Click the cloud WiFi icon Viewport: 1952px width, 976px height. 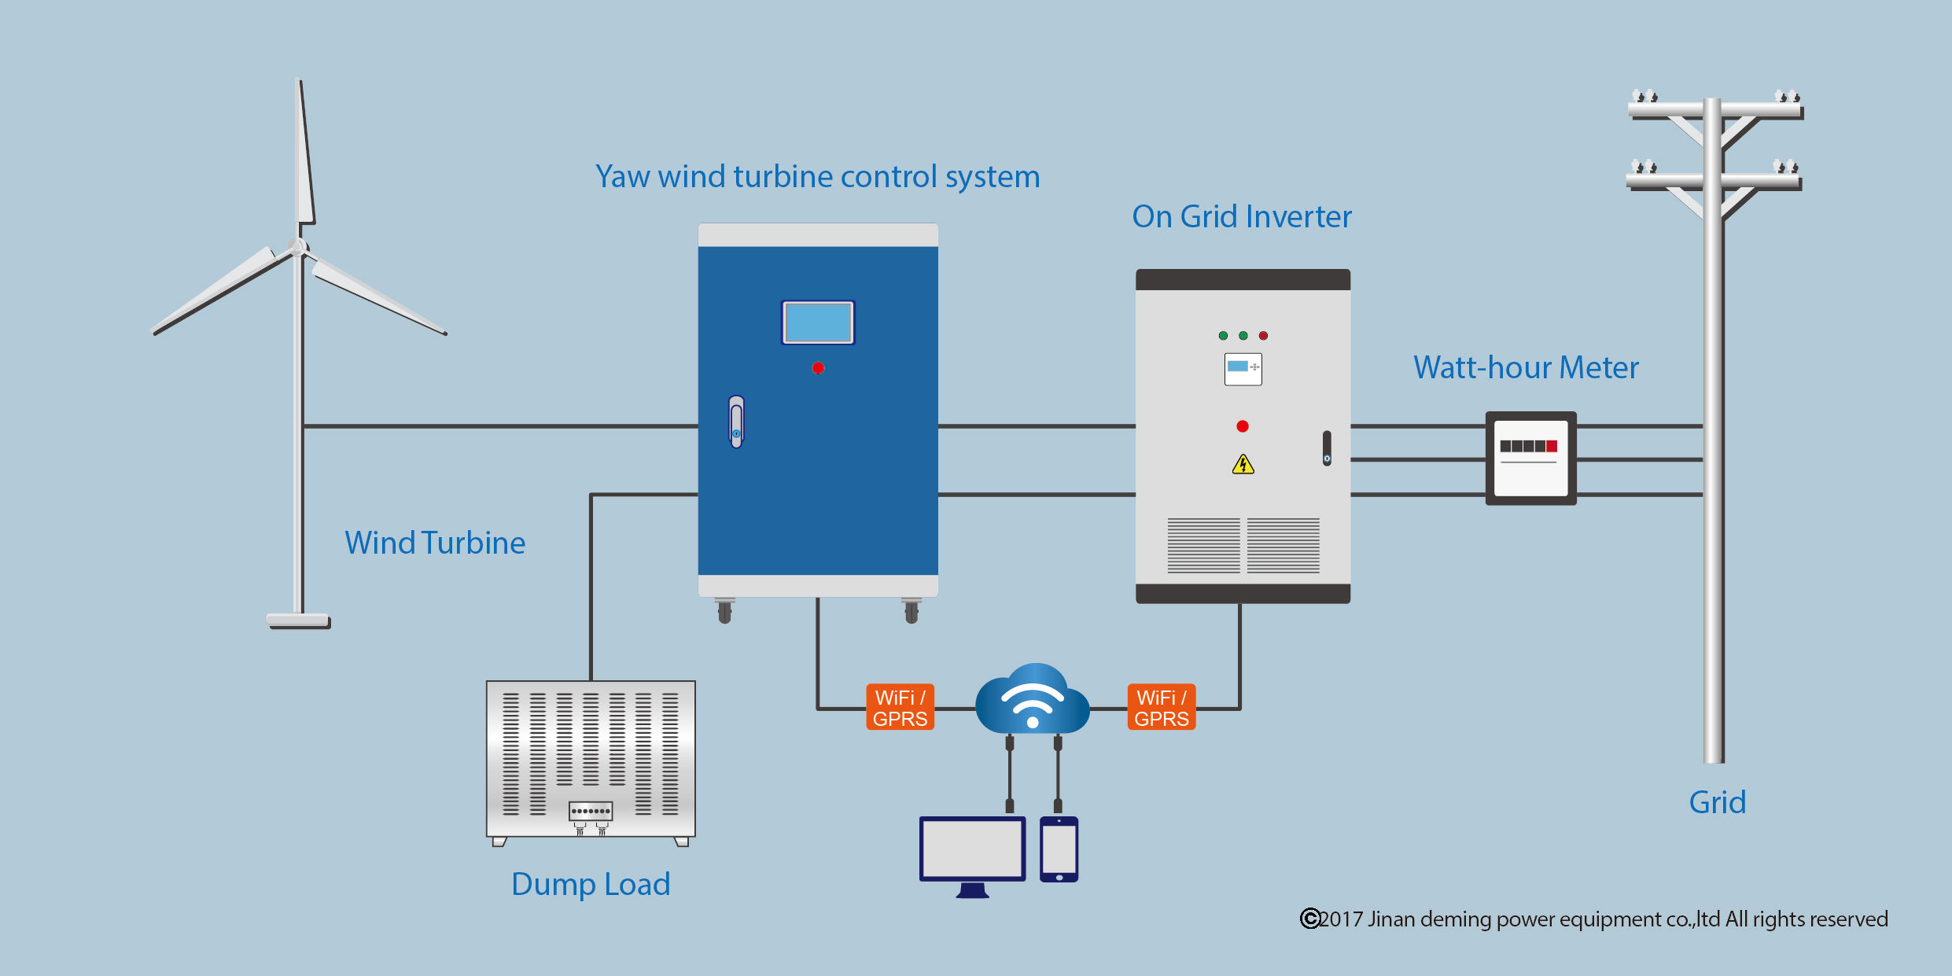(x=1032, y=700)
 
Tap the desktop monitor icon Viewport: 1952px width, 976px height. (x=973, y=850)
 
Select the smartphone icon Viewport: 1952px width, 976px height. (x=1059, y=849)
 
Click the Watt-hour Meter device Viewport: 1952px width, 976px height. (x=1530, y=458)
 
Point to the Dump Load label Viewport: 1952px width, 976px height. (x=591, y=884)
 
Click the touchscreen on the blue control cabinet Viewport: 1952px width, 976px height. (x=818, y=322)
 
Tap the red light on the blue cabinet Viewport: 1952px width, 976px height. (x=818, y=368)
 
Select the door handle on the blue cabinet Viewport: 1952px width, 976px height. (x=736, y=422)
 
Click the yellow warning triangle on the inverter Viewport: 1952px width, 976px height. (x=1243, y=465)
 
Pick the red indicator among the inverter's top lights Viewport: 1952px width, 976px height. (x=1263, y=336)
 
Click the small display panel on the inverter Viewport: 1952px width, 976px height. (x=1243, y=369)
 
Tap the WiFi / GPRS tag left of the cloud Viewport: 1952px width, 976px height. (x=900, y=708)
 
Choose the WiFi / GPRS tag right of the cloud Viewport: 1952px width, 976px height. (x=1161, y=708)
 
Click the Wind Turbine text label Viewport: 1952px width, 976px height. (x=435, y=543)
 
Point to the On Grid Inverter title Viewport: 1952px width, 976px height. (x=1241, y=216)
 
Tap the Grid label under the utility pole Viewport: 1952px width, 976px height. (x=1717, y=802)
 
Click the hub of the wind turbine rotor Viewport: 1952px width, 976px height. (x=298, y=247)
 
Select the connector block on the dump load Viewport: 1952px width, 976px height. (x=591, y=811)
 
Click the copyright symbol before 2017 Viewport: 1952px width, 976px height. (x=1309, y=919)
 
